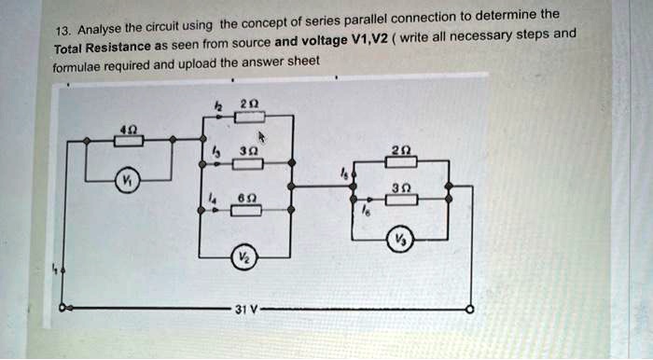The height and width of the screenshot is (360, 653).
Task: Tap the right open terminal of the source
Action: tap(469, 309)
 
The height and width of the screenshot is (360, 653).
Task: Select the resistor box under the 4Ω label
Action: tap(129, 141)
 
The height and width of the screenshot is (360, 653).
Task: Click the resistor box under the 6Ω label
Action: tap(246, 210)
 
